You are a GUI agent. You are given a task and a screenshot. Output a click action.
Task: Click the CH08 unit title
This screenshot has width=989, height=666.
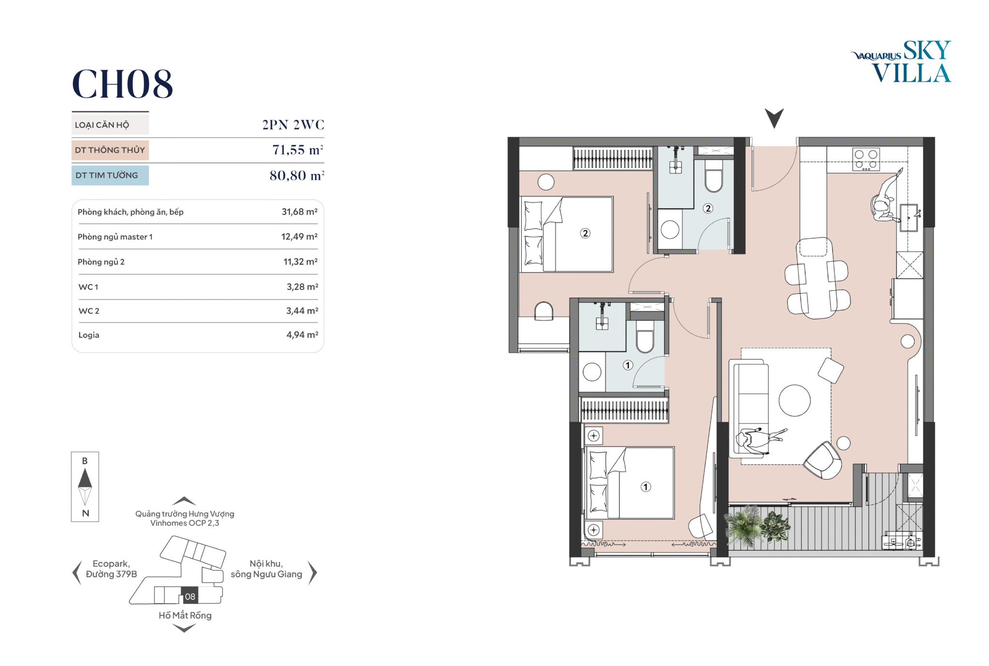[122, 84]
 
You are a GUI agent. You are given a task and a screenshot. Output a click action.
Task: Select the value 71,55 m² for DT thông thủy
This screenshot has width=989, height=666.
[297, 150]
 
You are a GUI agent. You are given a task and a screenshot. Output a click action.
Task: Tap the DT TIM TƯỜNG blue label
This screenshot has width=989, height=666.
[110, 175]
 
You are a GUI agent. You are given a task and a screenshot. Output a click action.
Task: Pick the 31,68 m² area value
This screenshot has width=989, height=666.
[299, 212]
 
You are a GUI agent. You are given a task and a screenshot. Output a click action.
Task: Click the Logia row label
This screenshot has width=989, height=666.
[89, 335]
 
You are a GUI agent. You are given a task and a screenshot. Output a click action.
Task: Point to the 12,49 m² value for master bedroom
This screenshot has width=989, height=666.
[299, 237]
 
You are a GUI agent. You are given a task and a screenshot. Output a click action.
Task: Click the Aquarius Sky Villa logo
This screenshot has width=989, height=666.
[901, 61]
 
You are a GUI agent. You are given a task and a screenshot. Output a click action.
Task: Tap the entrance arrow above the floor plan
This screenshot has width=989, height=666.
[774, 117]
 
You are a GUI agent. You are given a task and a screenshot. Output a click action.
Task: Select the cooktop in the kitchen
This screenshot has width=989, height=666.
[866, 159]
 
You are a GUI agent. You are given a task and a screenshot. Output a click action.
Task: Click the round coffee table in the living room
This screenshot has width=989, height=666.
[794, 400]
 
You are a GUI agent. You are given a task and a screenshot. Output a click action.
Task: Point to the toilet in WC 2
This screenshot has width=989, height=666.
[714, 176]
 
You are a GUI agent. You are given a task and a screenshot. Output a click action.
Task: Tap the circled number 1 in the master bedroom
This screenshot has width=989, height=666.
[646, 487]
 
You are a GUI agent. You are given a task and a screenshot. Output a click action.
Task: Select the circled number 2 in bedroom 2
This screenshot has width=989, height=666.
[585, 233]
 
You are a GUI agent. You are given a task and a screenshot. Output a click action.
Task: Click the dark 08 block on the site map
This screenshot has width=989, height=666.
[190, 595]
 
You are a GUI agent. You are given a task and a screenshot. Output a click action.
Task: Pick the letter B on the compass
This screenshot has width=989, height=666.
[85, 461]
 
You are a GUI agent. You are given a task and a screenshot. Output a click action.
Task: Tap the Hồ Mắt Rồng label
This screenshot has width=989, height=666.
[185, 615]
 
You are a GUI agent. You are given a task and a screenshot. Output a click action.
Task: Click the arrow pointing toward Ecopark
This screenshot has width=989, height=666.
[76, 573]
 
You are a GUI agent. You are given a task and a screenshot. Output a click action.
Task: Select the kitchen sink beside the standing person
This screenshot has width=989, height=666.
[908, 218]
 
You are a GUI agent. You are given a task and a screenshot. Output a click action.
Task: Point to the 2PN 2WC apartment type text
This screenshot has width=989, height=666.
[293, 125]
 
